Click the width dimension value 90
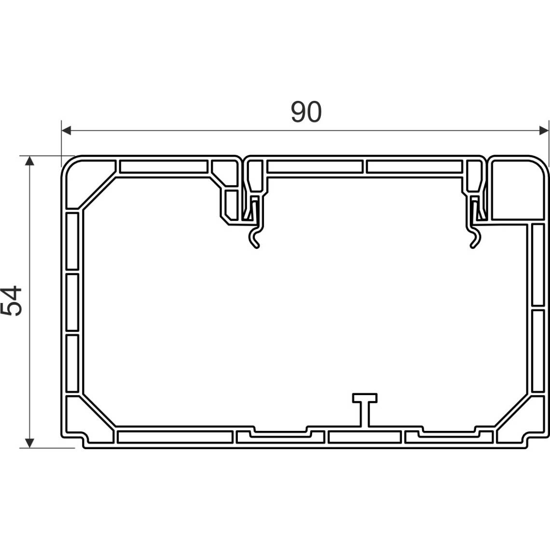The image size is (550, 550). click(306, 112)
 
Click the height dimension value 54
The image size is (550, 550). click(11, 301)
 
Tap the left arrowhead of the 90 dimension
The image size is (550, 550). click(66, 131)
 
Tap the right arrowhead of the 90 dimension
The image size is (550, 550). click(543, 131)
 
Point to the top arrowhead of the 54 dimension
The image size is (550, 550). click(30, 161)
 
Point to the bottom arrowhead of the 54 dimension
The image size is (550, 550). click(30, 443)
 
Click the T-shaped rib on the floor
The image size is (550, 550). click(365, 409)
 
